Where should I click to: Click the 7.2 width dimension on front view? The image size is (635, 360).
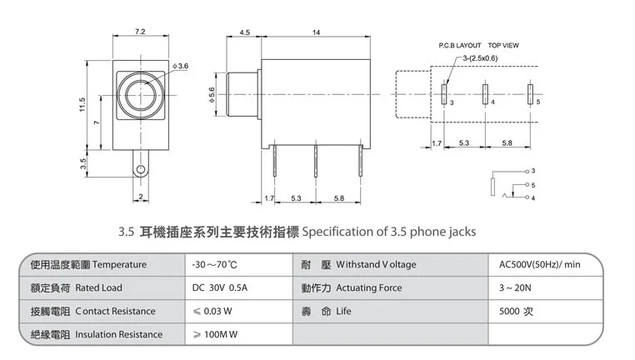[140, 32]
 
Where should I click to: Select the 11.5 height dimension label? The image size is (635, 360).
[82, 104]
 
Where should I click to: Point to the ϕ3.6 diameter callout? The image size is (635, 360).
[180, 66]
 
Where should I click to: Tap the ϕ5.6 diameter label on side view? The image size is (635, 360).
[212, 95]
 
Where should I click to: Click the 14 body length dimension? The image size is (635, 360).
[317, 32]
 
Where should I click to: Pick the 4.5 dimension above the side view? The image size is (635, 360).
[245, 32]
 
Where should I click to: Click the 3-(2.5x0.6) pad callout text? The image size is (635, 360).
[481, 57]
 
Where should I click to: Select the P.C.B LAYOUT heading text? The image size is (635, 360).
[460, 45]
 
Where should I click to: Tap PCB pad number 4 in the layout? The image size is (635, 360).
[485, 94]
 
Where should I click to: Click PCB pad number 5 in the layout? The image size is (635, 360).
[530, 94]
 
